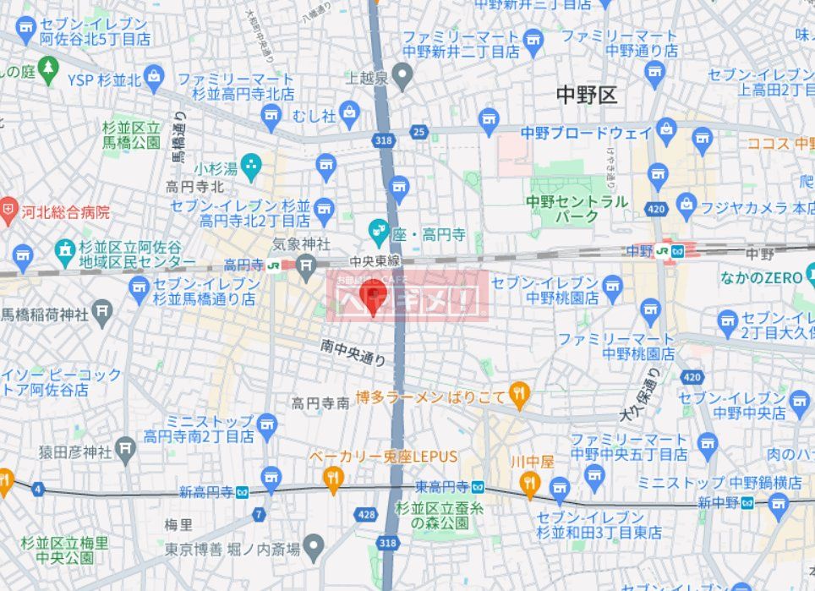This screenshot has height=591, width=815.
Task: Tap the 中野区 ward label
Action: pyautogui.click(x=587, y=95)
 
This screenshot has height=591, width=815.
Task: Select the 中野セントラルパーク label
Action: pyautogui.click(x=577, y=209)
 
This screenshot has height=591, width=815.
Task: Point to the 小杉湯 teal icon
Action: pyautogui.click(x=251, y=166)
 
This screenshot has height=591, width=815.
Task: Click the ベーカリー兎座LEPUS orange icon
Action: pyautogui.click(x=333, y=479)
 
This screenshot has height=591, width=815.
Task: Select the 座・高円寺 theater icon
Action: pyautogui.click(x=378, y=229)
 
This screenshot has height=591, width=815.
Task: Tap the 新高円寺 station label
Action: pyautogui.click(x=207, y=492)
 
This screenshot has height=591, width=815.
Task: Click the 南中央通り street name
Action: pyautogui.click(x=353, y=352)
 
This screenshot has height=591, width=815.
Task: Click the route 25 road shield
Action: pyautogui.click(x=419, y=131)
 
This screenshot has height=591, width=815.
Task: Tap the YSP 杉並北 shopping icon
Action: pyautogui.click(x=154, y=79)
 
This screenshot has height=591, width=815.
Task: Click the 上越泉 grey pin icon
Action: pyautogui.click(x=402, y=79)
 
